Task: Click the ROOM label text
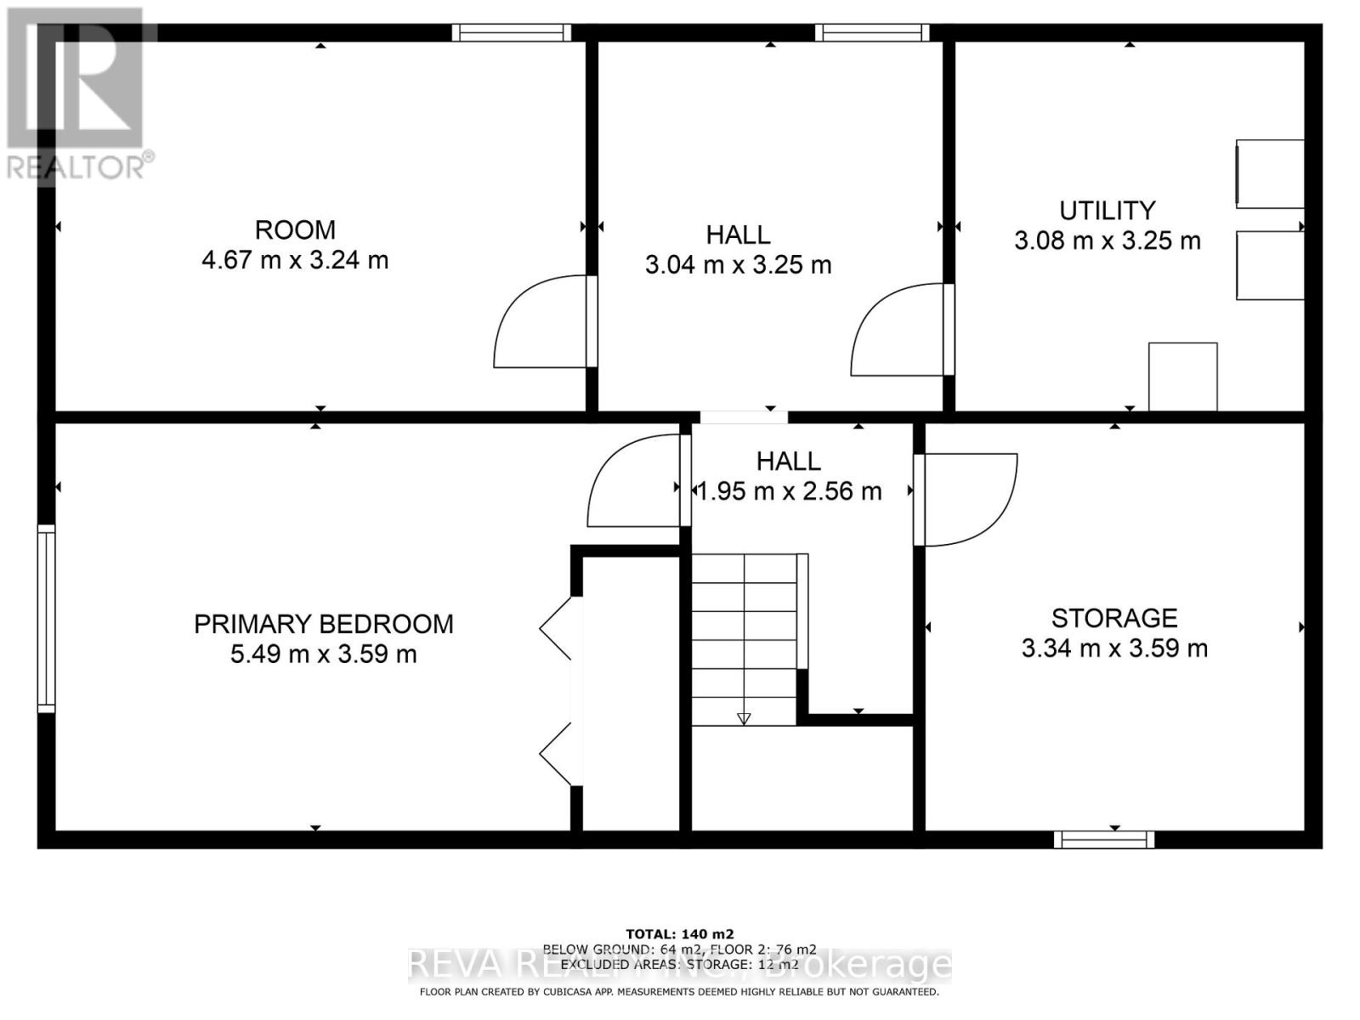click(x=295, y=229)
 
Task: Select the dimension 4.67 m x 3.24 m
click(x=295, y=259)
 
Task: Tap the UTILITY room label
click(x=1107, y=210)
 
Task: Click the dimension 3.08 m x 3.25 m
click(x=1107, y=241)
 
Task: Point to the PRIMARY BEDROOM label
click(x=323, y=624)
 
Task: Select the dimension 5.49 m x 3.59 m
click(x=323, y=654)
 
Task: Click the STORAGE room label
click(x=1113, y=618)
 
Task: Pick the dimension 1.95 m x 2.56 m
click(x=789, y=491)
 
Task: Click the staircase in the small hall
click(x=745, y=637)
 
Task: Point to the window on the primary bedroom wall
click(x=46, y=618)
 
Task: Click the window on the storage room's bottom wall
click(x=1103, y=840)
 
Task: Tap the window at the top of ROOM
click(x=511, y=33)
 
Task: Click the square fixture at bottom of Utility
click(x=1182, y=377)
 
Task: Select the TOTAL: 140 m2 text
click(x=679, y=933)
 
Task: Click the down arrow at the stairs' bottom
click(x=744, y=719)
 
